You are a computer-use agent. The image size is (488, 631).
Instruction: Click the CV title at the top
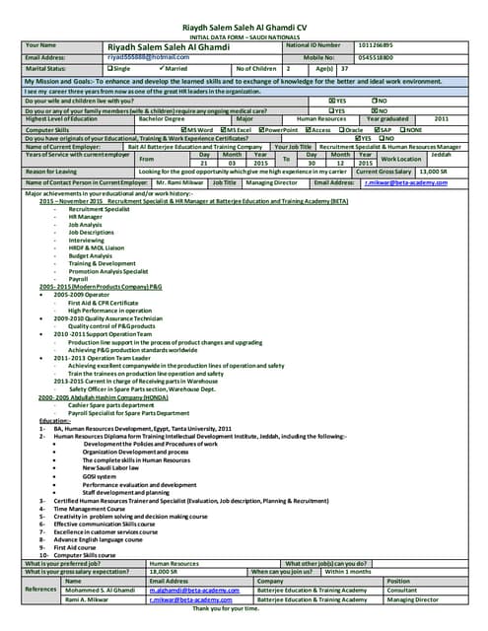[x=244, y=28]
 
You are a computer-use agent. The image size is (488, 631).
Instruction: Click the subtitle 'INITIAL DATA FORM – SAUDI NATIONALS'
[x=244, y=37]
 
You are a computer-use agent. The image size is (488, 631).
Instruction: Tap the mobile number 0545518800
[x=376, y=57]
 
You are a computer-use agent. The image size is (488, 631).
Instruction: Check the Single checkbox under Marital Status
[x=110, y=69]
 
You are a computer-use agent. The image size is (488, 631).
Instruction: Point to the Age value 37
[x=343, y=69]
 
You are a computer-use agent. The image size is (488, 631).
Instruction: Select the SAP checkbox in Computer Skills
[x=376, y=129]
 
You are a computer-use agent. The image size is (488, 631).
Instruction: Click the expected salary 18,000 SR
[x=163, y=571]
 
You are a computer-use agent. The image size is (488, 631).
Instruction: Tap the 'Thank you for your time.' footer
[x=244, y=607]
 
